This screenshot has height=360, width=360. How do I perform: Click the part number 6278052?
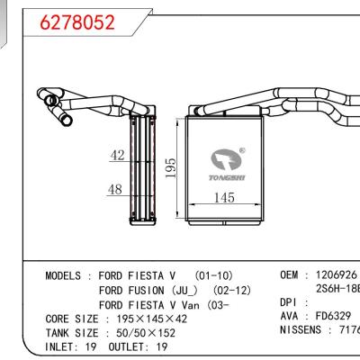[79, 22]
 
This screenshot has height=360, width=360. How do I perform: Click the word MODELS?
[66, 274]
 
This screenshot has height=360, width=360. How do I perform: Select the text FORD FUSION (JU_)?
[143, 290]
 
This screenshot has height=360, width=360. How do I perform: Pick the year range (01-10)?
[214, 274]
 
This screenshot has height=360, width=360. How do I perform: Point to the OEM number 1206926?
[334, 274]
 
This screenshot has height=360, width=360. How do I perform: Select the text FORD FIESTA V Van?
[152, 304]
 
